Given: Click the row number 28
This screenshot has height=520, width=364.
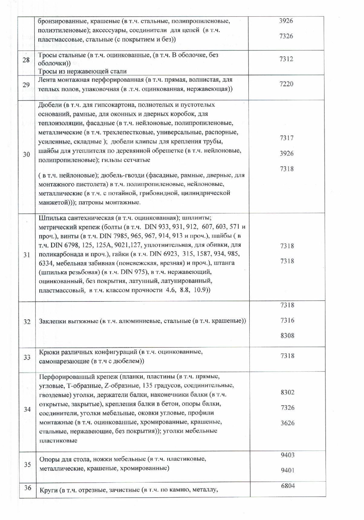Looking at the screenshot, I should pos(26,60).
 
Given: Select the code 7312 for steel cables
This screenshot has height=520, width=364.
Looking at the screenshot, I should pos(286,59).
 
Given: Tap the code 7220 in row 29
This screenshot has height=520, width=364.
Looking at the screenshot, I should pos(286,84).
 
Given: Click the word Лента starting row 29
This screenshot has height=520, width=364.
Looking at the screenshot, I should pos(47,80).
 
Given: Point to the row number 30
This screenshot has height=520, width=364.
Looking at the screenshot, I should pos(26,155).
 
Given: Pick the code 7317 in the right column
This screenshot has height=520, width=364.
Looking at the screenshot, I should pos(287,138).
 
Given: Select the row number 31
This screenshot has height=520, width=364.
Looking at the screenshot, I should pos(27,255).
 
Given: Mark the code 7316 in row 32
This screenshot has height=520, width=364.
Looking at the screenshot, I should pos(287,320).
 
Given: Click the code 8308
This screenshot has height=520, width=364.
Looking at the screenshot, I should pos(287,335).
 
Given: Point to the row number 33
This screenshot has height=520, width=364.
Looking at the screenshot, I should pos(27,357).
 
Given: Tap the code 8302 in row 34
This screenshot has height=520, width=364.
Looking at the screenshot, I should pos(287,392).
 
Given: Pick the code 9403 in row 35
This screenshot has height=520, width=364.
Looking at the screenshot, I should pos(287,455).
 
